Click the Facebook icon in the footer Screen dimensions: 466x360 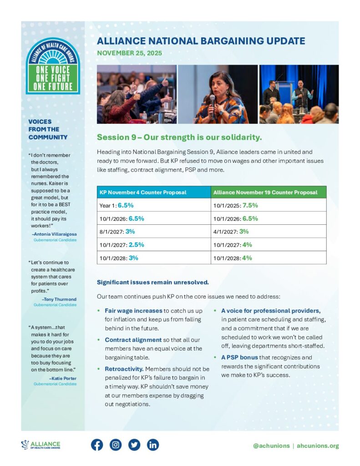[97, 445]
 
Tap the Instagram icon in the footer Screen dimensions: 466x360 [116, 445]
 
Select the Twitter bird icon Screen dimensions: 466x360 [134, 445]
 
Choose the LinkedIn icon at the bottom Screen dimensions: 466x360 [153, 445]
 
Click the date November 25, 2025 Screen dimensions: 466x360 [129, 53]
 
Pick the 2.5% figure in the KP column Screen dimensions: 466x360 [136, 244]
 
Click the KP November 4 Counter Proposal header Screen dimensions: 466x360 [143, 192]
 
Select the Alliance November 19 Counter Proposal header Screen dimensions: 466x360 [265, 192]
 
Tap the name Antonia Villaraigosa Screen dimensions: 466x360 [55, 234]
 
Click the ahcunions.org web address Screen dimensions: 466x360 [318, 446]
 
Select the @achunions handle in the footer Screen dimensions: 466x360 [271, 446]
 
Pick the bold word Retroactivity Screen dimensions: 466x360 [120, 369]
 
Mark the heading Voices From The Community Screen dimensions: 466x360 [47, 129]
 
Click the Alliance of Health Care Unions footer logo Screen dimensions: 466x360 [41, 445]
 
